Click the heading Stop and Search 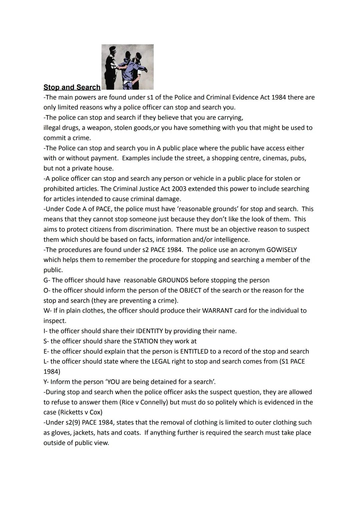pos(72,87)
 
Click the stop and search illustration pos(127,67)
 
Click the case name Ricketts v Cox pos(80,412)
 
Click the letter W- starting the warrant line pos(48,311)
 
